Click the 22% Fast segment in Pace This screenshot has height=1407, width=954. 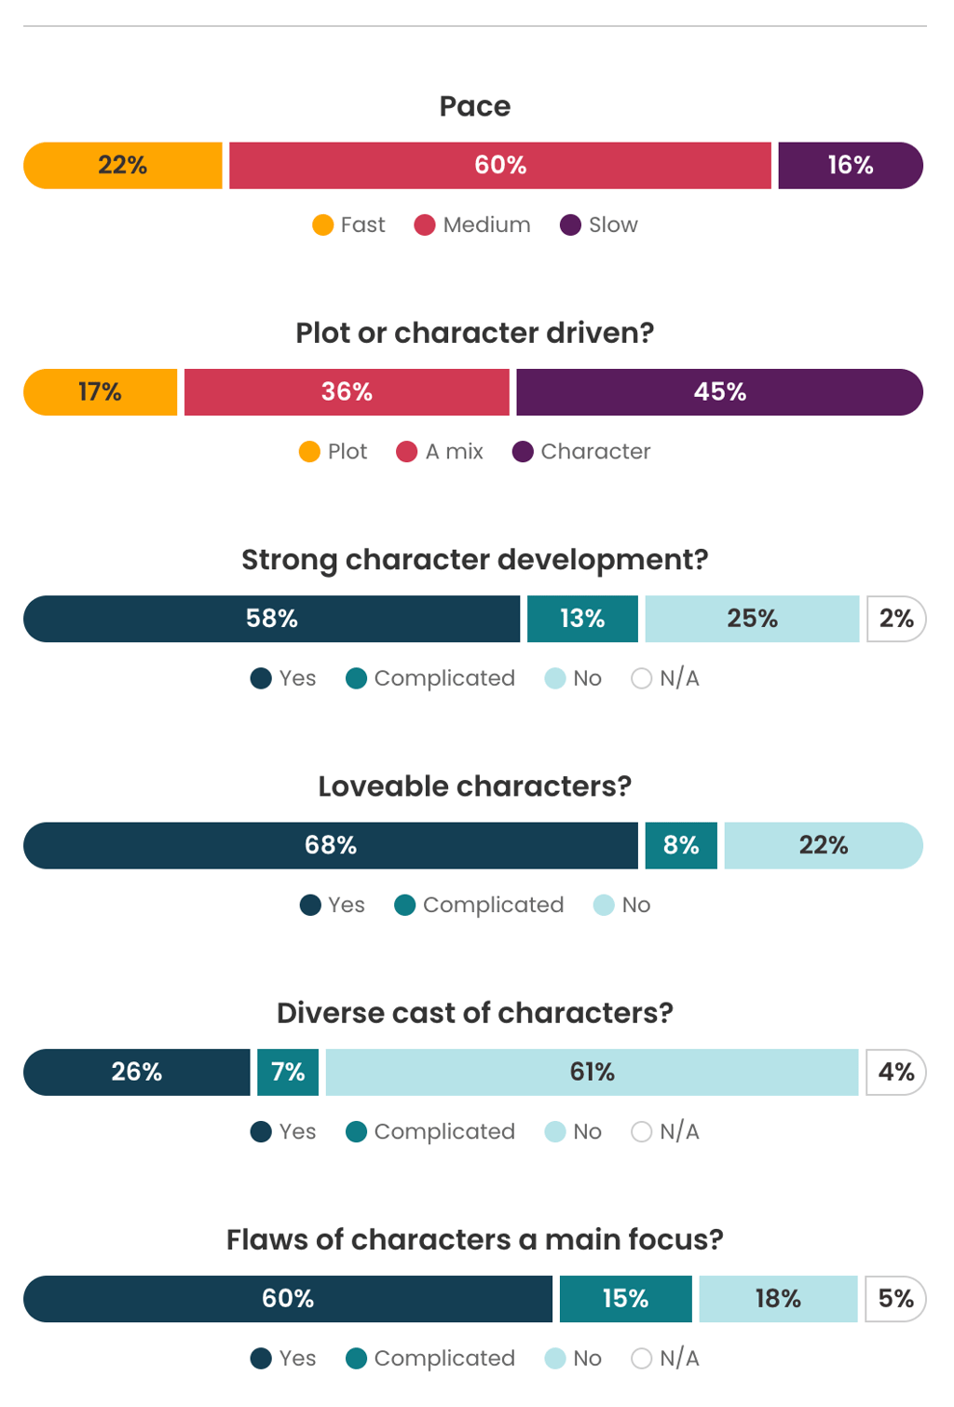(123, 166)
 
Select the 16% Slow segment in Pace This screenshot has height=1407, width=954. (850, 166)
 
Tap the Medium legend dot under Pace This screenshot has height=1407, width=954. (425, 225)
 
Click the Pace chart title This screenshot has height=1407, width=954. (475, 106)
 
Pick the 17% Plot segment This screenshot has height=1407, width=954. (101, 392)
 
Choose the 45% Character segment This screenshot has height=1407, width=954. (719, 392)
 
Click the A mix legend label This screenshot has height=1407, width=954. (454, 452)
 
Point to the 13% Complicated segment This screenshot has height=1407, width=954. (582, 619)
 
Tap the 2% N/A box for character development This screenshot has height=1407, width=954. (895, 619)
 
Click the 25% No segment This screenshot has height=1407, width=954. (752, 619)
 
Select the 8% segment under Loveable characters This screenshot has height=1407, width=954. (681, 845)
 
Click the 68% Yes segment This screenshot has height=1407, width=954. (331, 845)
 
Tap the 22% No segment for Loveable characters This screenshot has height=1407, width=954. (824, 845)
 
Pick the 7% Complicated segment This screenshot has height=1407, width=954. (288, 1072)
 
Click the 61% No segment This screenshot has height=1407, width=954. (592, 1072)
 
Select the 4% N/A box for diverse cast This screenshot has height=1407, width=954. (895, 1072)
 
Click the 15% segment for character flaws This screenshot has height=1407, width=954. (625, 1299)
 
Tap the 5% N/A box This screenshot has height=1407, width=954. (895, 1299)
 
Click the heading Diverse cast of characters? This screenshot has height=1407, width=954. (475, 1013)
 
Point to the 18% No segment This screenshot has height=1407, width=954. (778, 1299)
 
